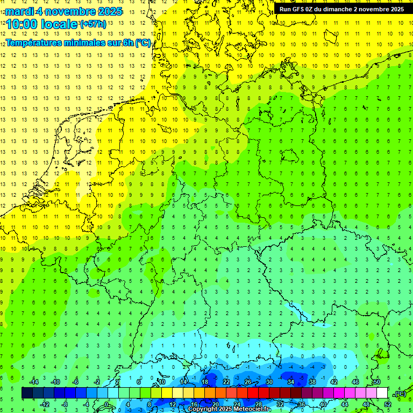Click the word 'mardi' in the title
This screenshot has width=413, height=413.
point(20,11)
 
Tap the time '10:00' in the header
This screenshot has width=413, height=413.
point(22,24)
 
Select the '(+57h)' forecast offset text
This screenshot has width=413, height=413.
point(93,24)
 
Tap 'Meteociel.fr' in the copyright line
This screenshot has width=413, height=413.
point(252,409)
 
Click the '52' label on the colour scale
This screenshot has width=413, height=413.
point(388,404)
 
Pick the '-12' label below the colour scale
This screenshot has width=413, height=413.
point(45,404)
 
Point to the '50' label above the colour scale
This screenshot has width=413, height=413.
point(376,382)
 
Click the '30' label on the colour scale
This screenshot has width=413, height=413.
point(269,382)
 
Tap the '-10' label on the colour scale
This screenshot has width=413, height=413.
point(55,382)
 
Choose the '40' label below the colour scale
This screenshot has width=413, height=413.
point(323,404)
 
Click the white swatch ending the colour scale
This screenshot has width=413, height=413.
point(382,393)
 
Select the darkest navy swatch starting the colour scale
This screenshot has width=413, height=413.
point(27,393)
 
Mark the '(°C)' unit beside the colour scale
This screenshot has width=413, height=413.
point(400,394)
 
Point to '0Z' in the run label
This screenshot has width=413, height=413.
point(313,9)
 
